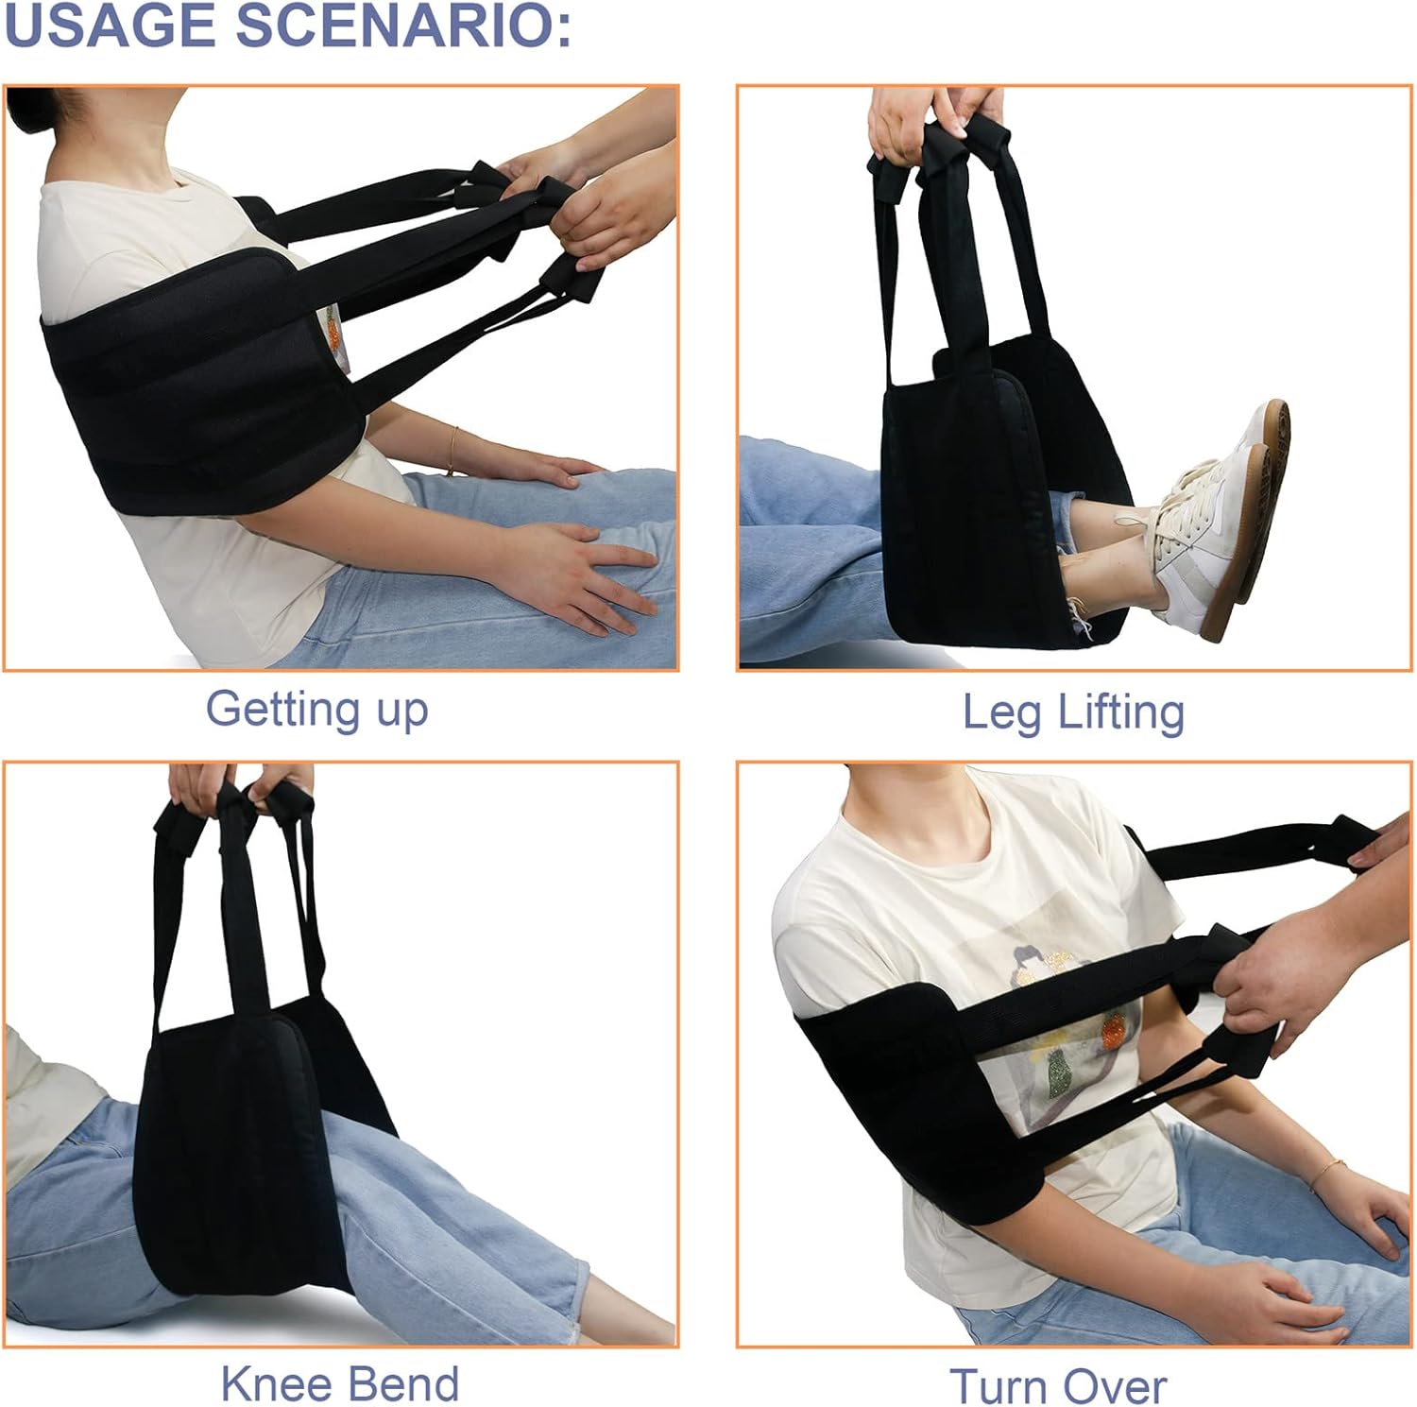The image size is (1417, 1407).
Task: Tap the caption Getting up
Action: tap(316, 710)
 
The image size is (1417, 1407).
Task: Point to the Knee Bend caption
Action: tap(340, 1384)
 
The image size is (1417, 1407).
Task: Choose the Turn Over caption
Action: tap(1058, 1386)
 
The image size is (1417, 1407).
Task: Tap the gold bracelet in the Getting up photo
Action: tap(454, 450)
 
